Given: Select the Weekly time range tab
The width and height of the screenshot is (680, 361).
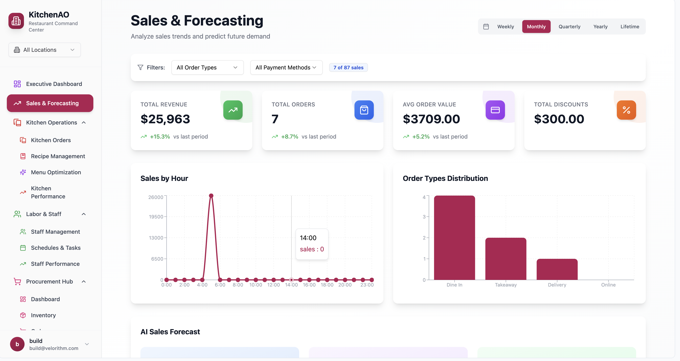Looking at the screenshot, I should pos(505,27).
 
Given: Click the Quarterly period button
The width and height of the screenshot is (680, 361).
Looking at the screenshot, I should pos(569,27).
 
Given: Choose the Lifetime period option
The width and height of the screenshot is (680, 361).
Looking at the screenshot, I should pos(630,27).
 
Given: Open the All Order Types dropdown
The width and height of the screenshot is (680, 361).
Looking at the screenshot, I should pos(207,67).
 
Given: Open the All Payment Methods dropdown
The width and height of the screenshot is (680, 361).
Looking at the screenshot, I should pos(286,67).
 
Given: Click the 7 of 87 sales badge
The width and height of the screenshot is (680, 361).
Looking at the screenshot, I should pos(348,67).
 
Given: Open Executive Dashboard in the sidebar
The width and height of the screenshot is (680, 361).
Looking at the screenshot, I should pos(54,84).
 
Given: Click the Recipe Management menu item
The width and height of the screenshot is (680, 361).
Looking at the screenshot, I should pos(58,156).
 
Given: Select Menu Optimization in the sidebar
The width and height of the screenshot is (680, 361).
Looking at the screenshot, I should pos(56,172).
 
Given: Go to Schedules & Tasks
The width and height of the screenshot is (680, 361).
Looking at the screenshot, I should pos(56,248).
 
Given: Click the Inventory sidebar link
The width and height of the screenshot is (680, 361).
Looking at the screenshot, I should pos(43,315).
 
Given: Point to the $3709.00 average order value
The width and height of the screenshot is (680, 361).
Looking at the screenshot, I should pos(431,119).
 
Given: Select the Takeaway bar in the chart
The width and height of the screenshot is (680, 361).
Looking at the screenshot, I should pos(506,259).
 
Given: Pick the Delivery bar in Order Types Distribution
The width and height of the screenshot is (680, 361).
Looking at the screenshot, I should pos(557,269).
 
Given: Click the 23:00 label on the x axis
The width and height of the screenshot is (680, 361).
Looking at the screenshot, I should pos(367,285).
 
